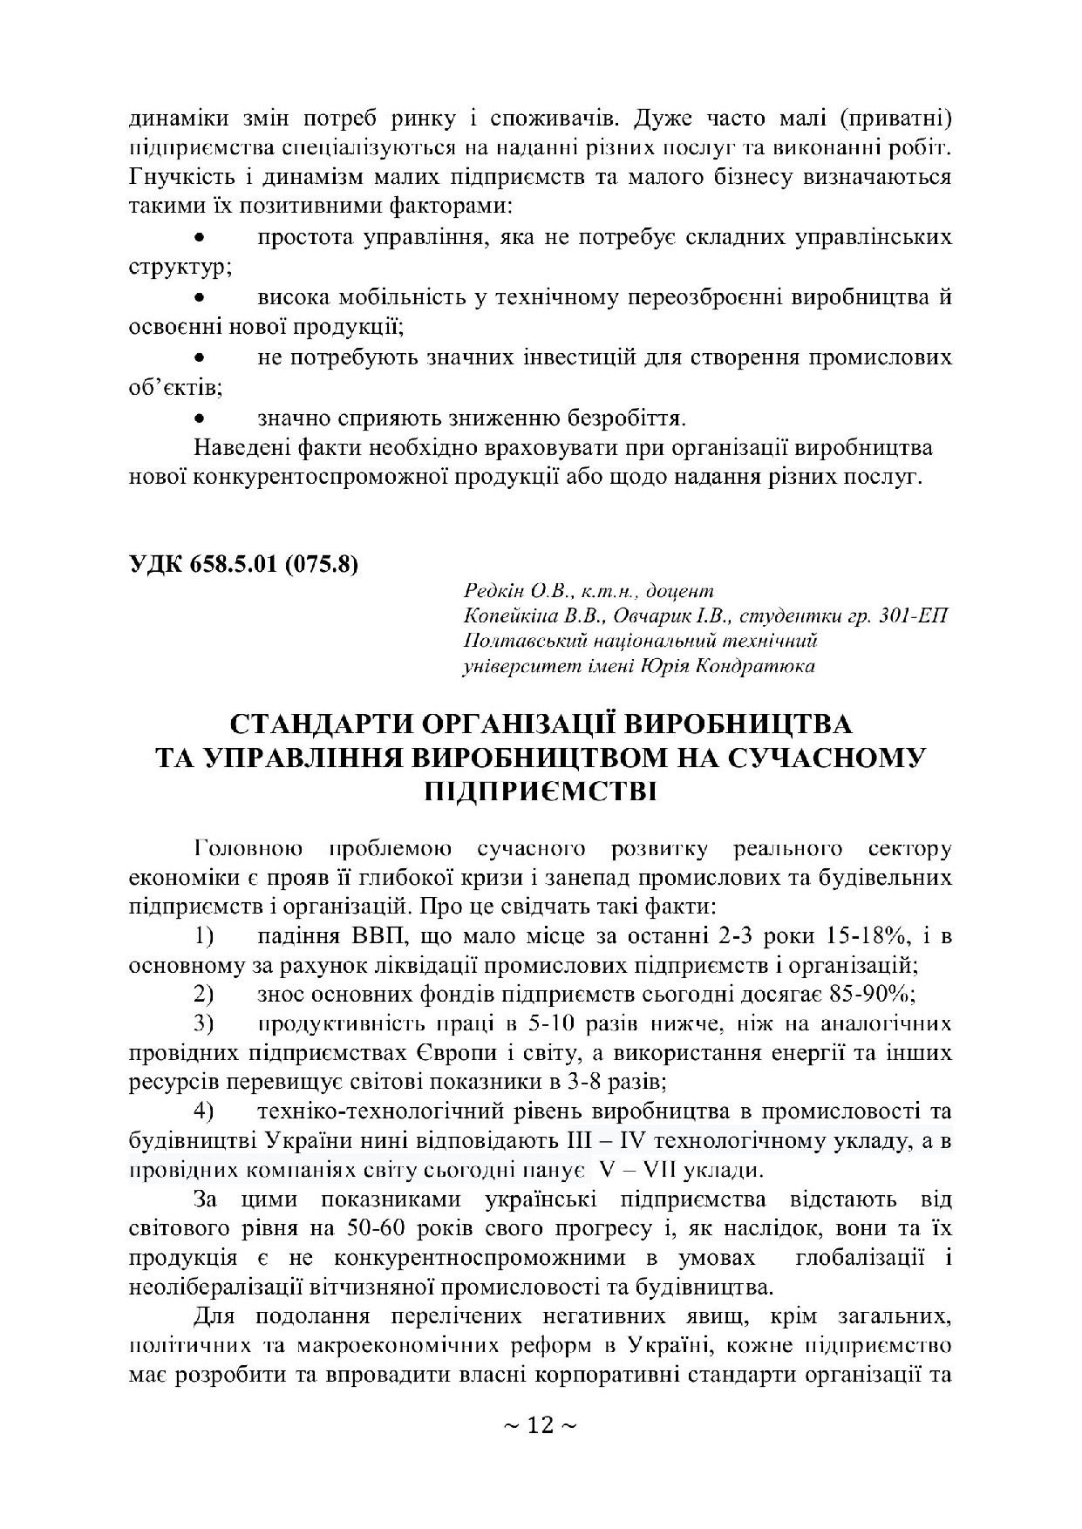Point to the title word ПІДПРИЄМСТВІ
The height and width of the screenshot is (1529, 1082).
pyautogui.click(x=541, y=792)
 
